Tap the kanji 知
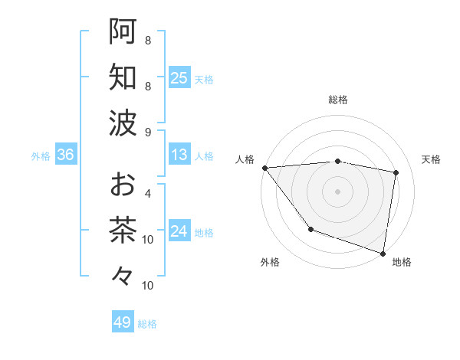click(x=123, y=77)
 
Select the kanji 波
click(x=123, y=123)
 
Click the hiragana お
click(x=123, y=185)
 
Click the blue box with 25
click(x=179, y=77)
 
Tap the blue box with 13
click(x=179, y=155)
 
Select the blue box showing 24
click(x=179, y=231)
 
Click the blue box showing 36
click(x=66, y=155)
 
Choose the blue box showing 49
click(x=123, y=322)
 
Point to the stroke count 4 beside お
click(x=147, y=194)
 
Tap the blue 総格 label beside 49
click(x=147, y=324)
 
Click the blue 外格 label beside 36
click(x=41, y=156)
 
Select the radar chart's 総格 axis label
click(x=337, y=100)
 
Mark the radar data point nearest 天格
click(x=396, y=172)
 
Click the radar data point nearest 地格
click(x=383, y=253)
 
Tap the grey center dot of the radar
click(x=337, y=190)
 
